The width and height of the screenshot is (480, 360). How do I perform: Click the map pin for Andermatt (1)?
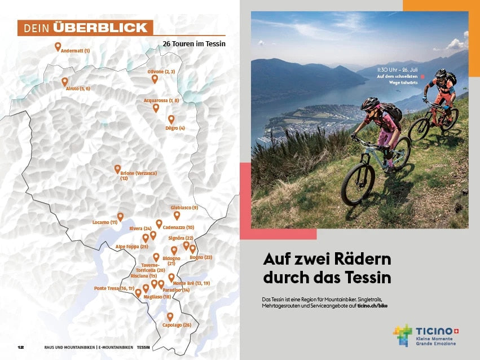58,46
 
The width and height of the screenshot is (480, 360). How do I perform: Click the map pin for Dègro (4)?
171,119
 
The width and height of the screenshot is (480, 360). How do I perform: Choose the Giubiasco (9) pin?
177,215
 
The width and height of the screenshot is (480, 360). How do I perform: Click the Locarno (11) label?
105,222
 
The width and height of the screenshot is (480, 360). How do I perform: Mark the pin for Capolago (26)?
170,317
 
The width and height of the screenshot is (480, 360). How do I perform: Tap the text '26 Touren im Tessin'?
193,43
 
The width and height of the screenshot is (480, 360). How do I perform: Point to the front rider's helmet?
370,104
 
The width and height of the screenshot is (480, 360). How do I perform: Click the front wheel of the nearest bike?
358,184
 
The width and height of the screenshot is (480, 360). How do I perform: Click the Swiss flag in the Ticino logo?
457,331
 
